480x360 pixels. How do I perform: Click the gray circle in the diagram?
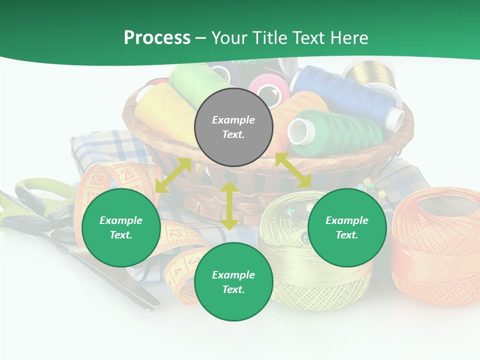[x=233, y=127]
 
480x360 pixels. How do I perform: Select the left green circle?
[x=121, y=227]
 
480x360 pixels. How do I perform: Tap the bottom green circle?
[x=233, y=282]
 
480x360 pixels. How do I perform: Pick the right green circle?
[x=347, y=227]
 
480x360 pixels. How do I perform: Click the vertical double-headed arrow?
[x=229, y=205]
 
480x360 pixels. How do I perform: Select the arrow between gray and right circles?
[x=293, y=170]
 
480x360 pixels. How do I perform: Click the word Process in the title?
[x=157, y=37]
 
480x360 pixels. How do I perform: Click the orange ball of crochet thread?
[x=435, y=245]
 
